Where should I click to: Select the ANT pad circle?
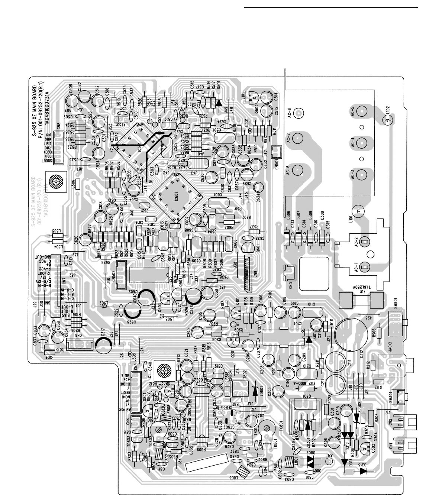click(328, 462)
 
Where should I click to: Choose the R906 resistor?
click(380, 333)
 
